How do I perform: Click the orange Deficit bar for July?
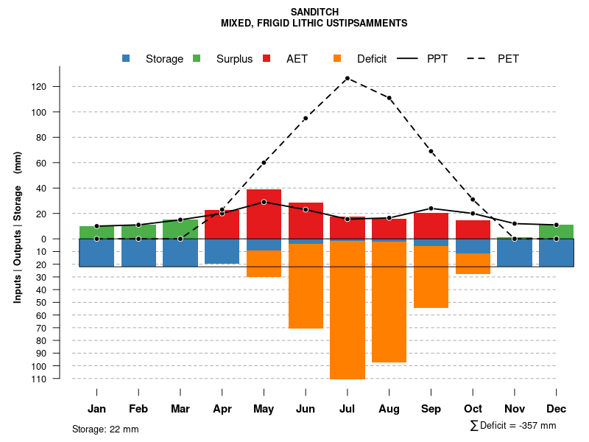point(348,309)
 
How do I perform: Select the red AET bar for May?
point(264,214)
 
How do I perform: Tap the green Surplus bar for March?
point(180,229)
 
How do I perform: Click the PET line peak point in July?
point(347,78)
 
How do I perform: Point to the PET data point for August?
point(389,98)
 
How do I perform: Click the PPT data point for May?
point(264,202)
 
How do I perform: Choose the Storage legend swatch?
point(126,59)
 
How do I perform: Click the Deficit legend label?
point(371,59)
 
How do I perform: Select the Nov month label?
point(515,409)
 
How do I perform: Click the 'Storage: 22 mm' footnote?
point(105,429)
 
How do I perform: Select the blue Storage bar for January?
point(96,252)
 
